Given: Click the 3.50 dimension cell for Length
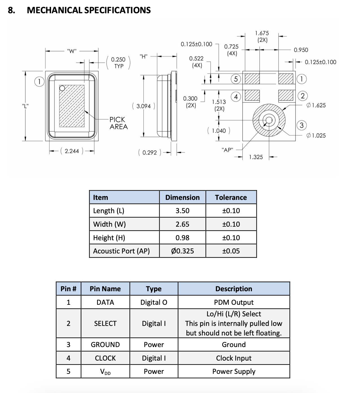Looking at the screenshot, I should (182, 211).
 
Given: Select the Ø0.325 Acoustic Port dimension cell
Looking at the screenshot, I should (182, 251).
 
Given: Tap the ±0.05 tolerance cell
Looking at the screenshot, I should (231, 251).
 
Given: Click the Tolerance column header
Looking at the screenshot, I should (231, 197).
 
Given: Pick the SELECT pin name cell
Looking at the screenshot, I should (105, 323).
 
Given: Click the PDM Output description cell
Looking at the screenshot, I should (234, 302).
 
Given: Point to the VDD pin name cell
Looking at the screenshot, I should (105, 372).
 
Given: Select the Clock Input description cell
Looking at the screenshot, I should (234, 358).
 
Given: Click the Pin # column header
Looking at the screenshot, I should (68, 289).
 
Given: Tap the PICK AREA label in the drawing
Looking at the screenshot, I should (118, 123).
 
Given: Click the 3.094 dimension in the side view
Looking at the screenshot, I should (144, 106).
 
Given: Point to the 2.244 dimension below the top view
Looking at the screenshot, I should (72, 151).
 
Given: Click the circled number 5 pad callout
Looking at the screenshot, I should (236, 79).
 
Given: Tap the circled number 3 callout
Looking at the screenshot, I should (302, 125).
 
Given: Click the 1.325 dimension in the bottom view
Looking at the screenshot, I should (256, 157).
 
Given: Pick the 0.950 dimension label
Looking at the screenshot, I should (301, 50).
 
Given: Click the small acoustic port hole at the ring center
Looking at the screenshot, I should (269, 120).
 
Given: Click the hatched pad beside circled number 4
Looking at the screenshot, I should (252, 96).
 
